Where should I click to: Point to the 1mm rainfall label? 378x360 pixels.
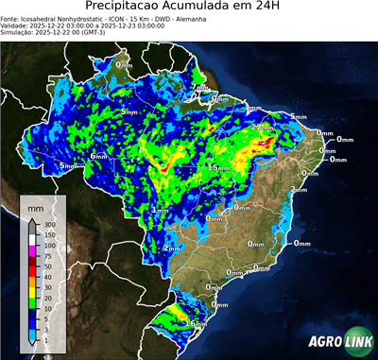160,209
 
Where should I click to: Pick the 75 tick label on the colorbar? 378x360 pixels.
45,255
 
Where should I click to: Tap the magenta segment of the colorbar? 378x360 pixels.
31,250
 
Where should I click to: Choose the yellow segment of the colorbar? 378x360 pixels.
31,290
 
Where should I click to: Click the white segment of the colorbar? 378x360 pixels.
31,241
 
